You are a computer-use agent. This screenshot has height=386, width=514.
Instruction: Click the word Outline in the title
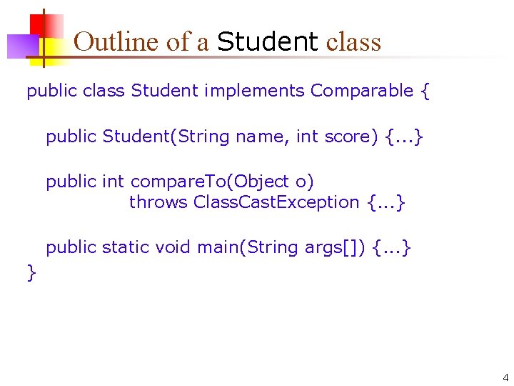(x=117, y=42)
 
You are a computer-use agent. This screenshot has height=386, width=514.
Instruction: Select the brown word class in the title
(x=353, y=42)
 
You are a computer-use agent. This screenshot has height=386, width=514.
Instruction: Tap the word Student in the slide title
(x=267, y=42)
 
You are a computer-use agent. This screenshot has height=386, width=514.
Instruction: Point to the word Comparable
(x=362, y=91)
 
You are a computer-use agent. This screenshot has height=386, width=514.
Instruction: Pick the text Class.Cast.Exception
(x=276, y=202)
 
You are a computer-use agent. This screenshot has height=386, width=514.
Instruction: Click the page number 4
(x=505, y=377)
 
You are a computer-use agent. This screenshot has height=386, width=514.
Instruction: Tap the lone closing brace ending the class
(x=31, y=272)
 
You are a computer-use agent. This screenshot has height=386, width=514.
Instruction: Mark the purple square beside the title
(x=21, y=46)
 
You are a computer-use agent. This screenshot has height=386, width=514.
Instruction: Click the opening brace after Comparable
(x=425, y=91)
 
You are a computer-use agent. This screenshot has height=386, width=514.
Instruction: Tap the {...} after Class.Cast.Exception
(x=386, y=203)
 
